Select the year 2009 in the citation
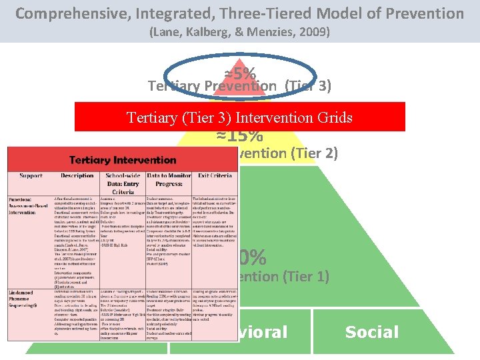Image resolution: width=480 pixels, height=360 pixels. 311,31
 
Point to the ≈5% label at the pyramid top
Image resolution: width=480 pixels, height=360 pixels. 240,72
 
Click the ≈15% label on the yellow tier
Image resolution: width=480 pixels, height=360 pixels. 239,135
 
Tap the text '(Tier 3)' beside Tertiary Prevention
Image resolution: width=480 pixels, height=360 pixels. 307,86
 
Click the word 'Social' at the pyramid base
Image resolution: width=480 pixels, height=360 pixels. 371,332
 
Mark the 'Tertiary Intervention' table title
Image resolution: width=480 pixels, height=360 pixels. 123,160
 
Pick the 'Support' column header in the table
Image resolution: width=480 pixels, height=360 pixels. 31,176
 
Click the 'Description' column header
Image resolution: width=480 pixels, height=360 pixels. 77,176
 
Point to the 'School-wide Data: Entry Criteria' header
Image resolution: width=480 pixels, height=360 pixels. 123,184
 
